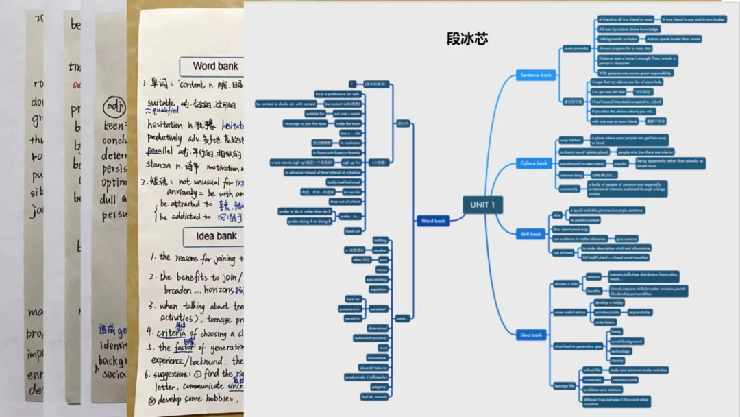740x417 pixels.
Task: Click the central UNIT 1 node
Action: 487,205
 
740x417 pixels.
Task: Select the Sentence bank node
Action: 535,75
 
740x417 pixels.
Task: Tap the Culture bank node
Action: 533,164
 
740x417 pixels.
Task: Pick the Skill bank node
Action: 530,234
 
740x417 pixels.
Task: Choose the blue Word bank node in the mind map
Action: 433,221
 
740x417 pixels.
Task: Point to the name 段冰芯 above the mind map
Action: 467,38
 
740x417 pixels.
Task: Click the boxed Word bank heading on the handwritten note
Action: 215,67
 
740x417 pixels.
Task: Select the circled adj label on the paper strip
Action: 113,108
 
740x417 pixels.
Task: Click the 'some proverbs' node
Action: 576,49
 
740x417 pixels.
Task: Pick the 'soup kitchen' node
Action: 570,140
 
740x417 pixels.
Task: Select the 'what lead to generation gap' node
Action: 578,346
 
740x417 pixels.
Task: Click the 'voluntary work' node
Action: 624,379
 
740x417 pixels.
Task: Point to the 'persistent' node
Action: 378,309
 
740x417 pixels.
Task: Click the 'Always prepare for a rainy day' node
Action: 624,49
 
